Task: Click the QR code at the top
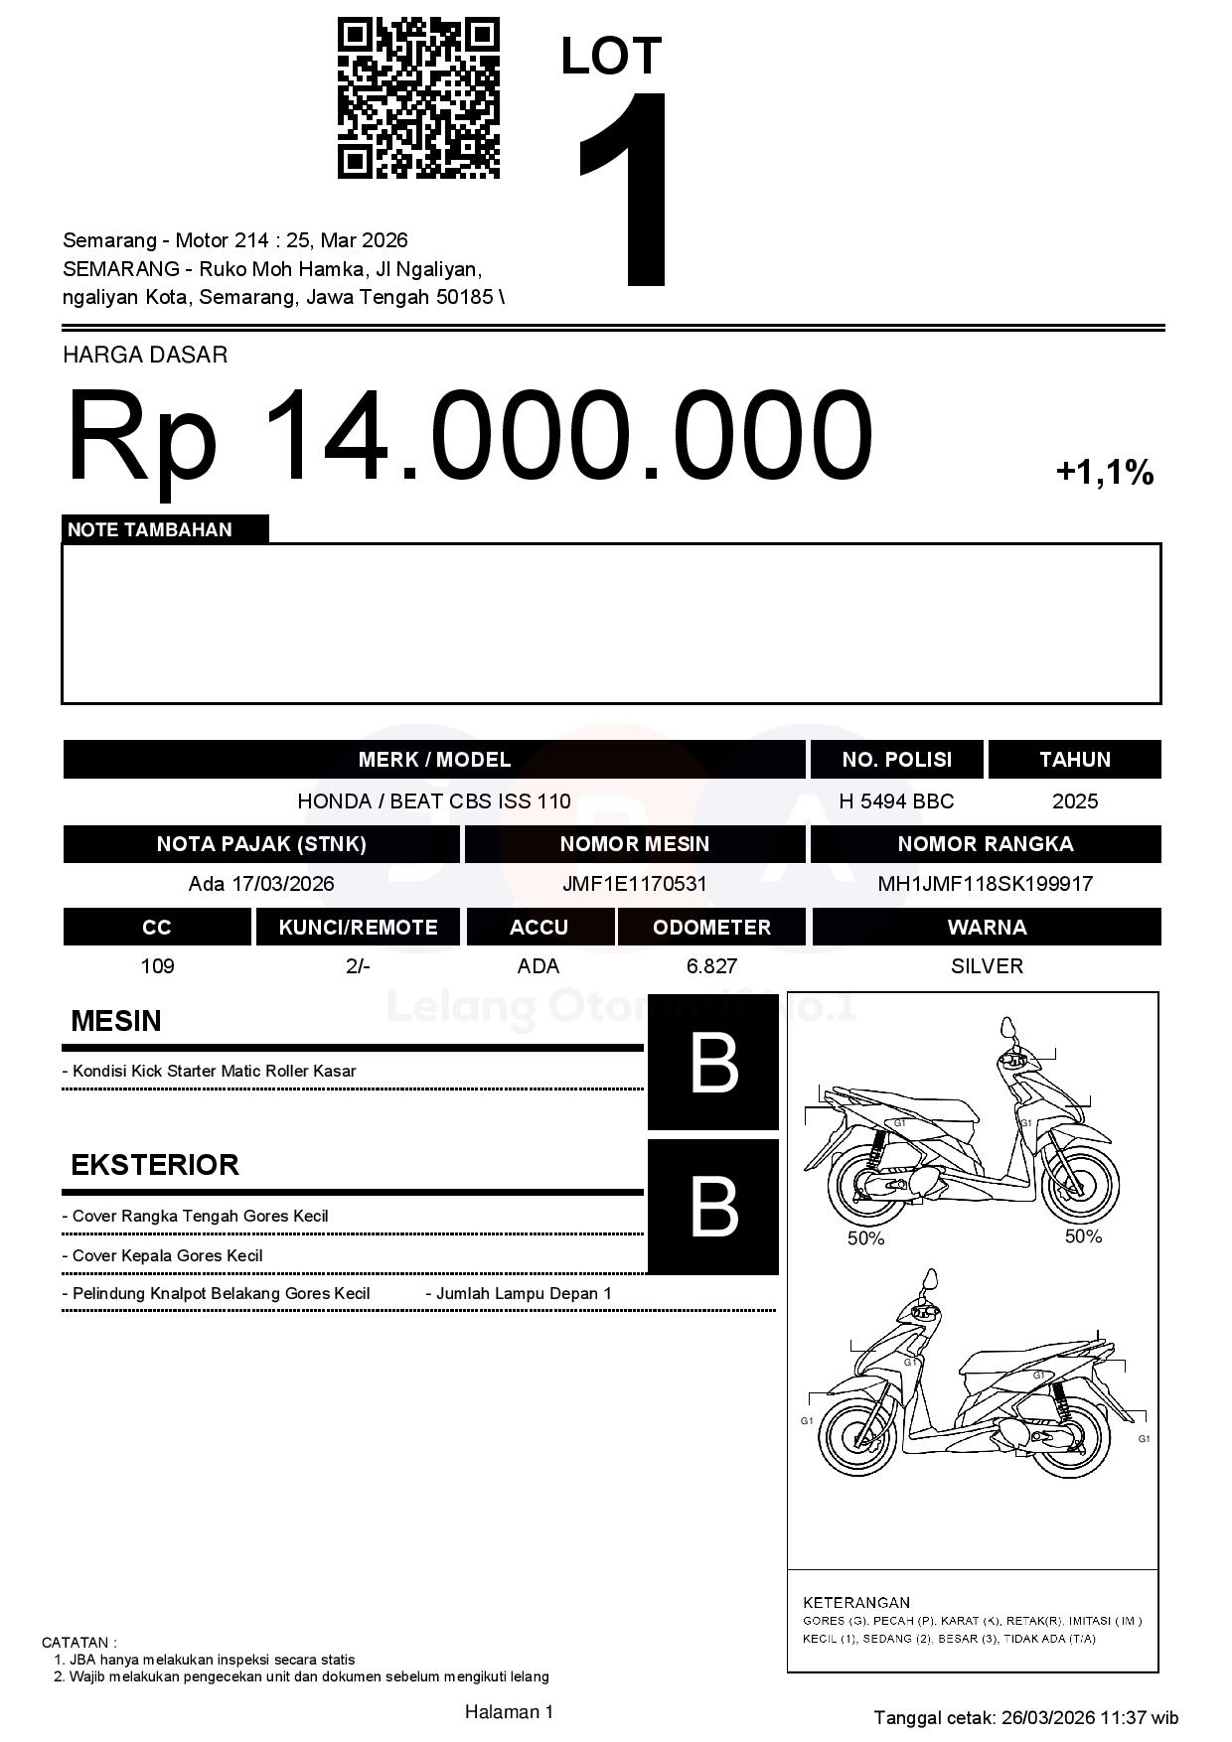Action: click(x=418, y=97)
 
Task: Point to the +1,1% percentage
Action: click(x=1104, y=472)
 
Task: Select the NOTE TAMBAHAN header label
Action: click(x=150, y=529)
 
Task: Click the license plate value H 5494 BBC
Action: click(x=896, y=801)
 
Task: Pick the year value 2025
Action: click(x=1074, y=801)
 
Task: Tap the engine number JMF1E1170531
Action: click(x=634, y=883)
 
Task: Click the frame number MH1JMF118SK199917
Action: click(x=985, y=883)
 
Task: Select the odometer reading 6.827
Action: click(x=711, y=965)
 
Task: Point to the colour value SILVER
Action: click(x=987, y=965)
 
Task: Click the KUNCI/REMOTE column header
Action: click(x=358, y=927)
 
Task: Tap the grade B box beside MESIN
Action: click(x=713, y=1063)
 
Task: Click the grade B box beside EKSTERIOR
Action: click(x=713, y=1207)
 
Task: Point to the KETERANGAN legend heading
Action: click(x=856, y=1602)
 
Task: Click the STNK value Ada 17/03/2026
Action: click(x=261, y=883)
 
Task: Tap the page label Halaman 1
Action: click(x=509, y=1711)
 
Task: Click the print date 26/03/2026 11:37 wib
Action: click(x=1089, y=1717)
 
